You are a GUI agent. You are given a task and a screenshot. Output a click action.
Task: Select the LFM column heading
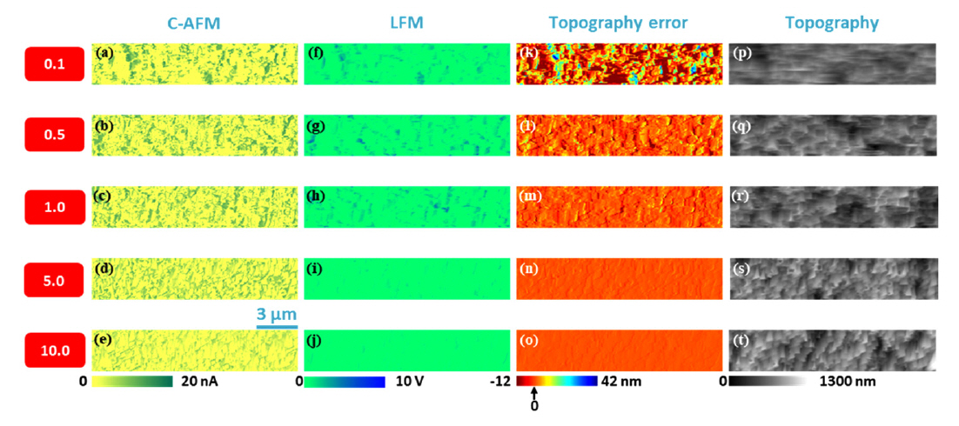406,23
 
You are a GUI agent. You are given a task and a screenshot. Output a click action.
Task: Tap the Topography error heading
618,23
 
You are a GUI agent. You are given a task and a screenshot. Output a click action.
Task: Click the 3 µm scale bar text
277,312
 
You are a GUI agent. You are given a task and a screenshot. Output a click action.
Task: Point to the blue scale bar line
277,327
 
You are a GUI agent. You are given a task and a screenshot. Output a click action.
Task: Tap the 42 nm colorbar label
619,382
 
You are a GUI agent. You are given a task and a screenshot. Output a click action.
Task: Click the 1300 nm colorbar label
848,382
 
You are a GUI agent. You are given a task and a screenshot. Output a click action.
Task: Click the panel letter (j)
315,339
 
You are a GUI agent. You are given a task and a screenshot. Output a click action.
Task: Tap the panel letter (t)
741,339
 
